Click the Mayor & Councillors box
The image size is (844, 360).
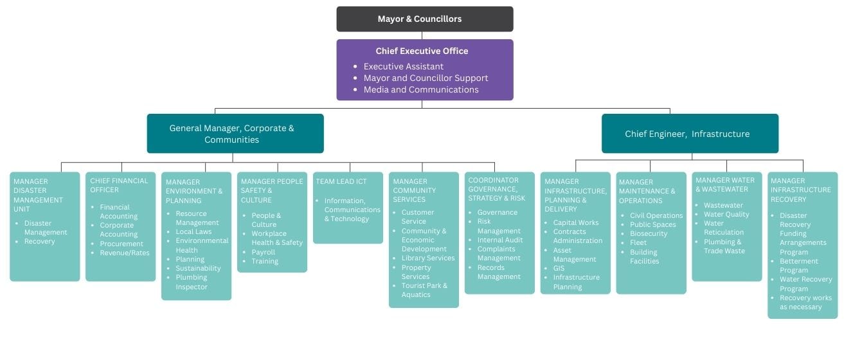424,19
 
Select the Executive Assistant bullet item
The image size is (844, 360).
403,66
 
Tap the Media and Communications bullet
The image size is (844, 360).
420,89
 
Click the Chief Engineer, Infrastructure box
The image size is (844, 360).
689,134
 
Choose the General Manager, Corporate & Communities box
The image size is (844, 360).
235,134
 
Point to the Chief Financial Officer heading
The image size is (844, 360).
119,185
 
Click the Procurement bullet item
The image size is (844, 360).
121,244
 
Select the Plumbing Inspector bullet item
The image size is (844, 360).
192,282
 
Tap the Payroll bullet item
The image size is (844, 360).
264,252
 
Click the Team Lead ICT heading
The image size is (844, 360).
342,181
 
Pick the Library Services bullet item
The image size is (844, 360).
427,258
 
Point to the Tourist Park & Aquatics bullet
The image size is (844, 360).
424,290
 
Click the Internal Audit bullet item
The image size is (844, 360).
499,240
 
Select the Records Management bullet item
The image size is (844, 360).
499,272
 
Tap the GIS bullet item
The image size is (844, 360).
559,268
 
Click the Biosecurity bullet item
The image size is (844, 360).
649,233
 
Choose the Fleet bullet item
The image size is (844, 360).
638,243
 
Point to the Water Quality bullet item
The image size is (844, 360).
726,214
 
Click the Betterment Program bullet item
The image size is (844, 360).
798,265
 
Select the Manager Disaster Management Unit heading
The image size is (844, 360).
39,195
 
